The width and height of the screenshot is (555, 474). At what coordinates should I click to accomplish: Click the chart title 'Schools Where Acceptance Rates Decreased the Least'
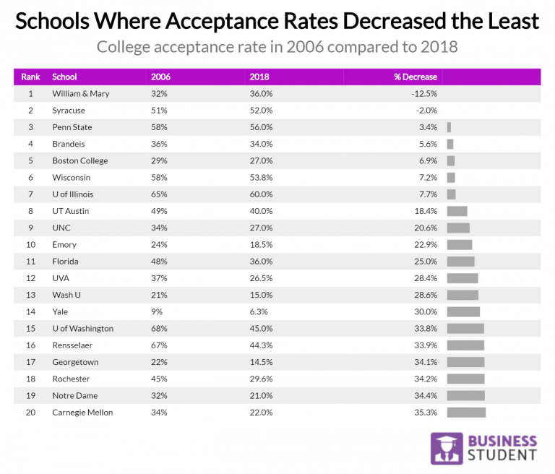click(277, 21)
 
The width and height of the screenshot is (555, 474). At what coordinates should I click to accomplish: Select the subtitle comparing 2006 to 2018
click(277, 48)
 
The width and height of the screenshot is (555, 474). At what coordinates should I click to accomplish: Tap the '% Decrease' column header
click(415, 77)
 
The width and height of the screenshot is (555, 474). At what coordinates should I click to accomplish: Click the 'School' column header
click(64, 77)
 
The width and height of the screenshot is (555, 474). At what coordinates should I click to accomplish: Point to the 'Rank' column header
click(30, 77)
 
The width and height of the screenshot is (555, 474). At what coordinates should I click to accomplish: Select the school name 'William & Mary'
click(81, 94)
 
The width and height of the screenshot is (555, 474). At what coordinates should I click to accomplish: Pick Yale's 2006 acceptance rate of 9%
click(156, 311)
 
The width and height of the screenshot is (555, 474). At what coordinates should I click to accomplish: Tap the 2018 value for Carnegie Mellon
click(261, 413)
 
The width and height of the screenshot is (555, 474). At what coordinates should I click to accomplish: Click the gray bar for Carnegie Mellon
click(466, 413)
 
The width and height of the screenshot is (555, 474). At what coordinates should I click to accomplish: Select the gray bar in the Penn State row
click(449, 127)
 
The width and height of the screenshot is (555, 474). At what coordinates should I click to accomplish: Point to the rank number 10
click(30, 244)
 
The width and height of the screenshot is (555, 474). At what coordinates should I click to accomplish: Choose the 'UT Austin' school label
click(72, 211)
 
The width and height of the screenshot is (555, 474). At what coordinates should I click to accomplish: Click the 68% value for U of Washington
click(159, 329)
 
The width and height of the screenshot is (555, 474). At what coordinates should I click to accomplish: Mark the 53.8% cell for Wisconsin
click(261, 178)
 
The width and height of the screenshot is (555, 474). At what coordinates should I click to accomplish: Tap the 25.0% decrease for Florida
click(426, 262)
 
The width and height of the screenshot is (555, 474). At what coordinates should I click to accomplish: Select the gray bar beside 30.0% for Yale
click(463, 311)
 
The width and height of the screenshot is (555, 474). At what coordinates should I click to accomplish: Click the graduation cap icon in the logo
click(447, 449)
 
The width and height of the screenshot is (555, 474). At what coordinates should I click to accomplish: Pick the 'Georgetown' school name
click(75, 362)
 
